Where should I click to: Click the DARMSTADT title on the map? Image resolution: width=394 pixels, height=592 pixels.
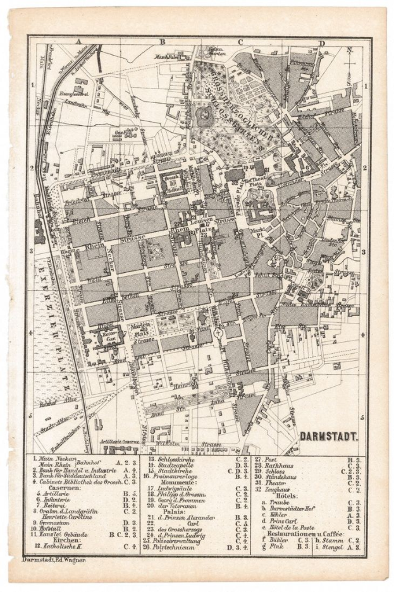(x=328, y=435)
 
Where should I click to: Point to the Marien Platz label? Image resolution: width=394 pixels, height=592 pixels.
(x=144, y=329)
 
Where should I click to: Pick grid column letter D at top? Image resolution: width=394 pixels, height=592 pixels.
(x=322, y=43)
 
